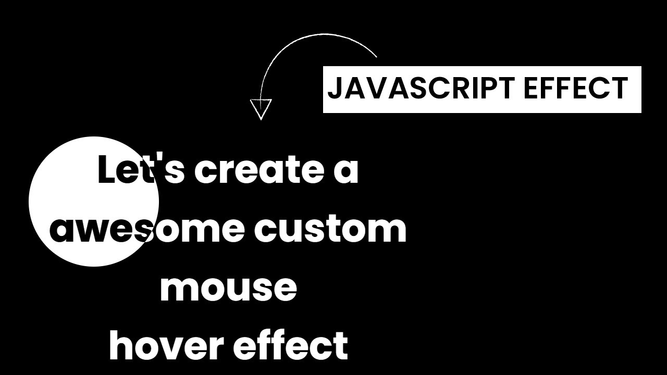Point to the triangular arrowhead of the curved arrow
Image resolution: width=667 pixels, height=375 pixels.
(261, 108)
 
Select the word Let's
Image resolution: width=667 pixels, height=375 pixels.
(141, 170)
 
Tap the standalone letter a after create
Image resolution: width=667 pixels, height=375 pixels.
(346, 172)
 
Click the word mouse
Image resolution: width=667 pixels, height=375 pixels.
(228, 288)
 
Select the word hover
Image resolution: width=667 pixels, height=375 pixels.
(166, 345)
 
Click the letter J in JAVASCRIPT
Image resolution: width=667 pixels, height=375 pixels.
(334, 89)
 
